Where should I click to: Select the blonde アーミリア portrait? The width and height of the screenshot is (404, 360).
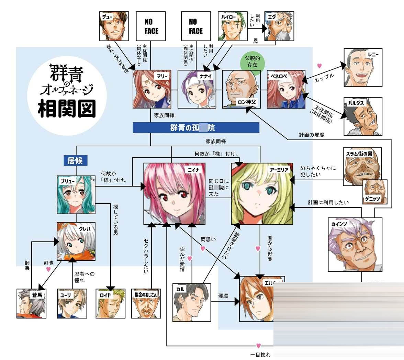coord(262,194)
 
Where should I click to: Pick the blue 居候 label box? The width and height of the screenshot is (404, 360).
coord(75,160)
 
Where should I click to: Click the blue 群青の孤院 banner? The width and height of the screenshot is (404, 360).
coord(196,128)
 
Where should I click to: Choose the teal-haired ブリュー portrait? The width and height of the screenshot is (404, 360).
coord(76,194)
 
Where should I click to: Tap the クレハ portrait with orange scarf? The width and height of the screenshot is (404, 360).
coord(76,241)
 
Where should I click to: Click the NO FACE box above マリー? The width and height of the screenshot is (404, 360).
coord(151,26)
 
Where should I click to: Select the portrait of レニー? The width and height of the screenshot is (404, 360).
coord(363,67)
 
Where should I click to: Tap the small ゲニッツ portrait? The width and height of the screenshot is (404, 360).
coord(375,191)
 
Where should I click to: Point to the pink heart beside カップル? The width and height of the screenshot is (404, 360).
coord(319,66)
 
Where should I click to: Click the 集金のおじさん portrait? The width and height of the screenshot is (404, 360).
coord(146,303)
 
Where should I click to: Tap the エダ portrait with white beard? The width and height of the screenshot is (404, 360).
coord(279,26)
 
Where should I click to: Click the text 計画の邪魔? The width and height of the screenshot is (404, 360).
coord(312,135)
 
